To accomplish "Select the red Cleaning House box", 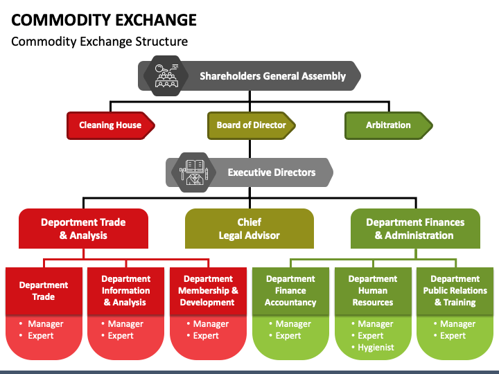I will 110,125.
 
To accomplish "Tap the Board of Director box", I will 251,125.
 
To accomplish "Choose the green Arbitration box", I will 388,125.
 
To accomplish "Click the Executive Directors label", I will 271,172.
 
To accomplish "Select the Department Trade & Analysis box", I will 83,229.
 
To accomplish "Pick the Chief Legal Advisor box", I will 249,229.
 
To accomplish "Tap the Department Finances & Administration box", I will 415,229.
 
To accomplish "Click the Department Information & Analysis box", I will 125,291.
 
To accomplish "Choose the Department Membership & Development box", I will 207,291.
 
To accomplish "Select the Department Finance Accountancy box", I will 290,291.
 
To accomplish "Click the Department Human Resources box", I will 373,291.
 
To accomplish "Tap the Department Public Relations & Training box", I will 455,291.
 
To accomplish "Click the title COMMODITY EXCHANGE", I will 104,19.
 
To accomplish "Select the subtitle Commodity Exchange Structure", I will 99,42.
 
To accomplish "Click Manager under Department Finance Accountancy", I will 293,324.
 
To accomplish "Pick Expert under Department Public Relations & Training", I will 453,336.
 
